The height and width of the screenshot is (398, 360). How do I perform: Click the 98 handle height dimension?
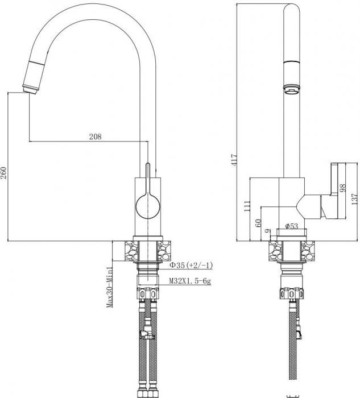pyautogui.click(x=342, y=188)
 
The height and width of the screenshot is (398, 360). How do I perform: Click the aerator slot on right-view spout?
pyautogui.click(x=291, y=88)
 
